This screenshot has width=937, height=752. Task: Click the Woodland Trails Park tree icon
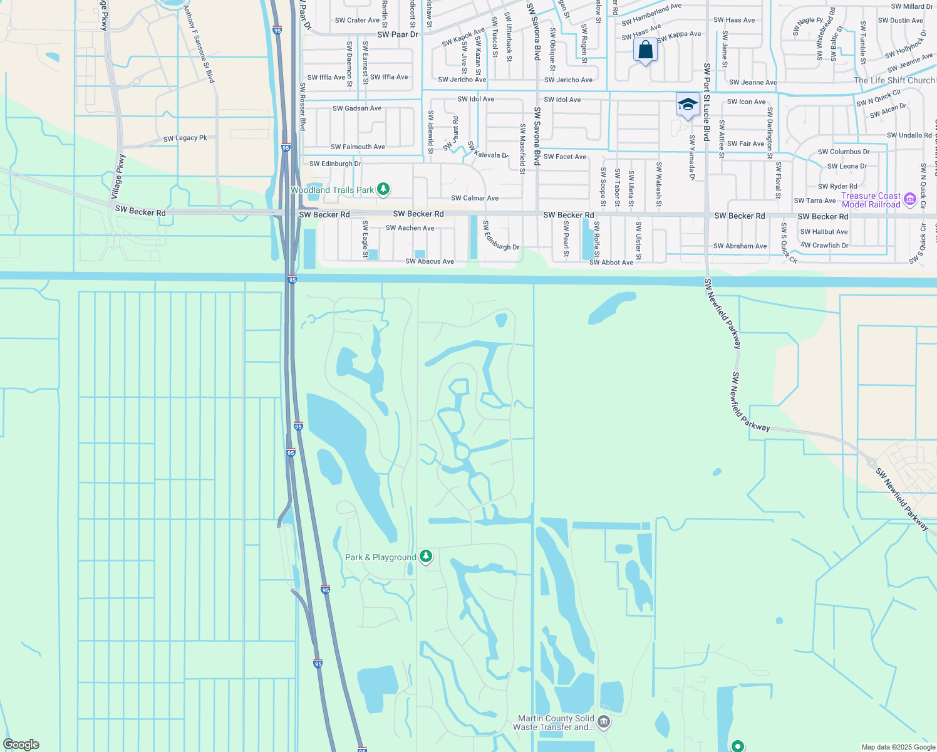click(x=383, y=189)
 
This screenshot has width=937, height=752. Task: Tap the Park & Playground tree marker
click(x=426, y=556)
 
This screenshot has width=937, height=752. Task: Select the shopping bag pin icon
click(x=645, y=50)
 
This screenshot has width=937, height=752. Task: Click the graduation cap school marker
click(x=687, y=105)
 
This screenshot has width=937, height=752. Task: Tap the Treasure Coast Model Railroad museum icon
click(x=910, y=200)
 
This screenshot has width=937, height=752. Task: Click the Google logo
click(x=21, y=744)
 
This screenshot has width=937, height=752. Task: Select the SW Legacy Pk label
click(x=185, y=138)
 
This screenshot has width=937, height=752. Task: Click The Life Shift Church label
click(x=894, y=80)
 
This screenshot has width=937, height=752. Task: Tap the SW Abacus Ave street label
click(x=430, y=261)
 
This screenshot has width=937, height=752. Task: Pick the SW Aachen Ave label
click(x=410, y=228)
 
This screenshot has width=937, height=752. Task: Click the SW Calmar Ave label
click(x=475, y=198)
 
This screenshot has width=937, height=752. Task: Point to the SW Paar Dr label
click(x=397, y=34)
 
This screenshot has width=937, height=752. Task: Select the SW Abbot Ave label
click(x=611, y=263)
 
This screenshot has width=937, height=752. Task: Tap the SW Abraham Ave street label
click(x=740, y=246)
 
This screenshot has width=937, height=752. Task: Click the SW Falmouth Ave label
click(x=358, y=147)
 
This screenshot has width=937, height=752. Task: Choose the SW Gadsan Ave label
click(x=357, y=108)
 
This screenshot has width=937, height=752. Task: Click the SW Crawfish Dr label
click(x=824, y=246)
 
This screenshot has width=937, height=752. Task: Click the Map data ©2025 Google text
click(x=898, y=746)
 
